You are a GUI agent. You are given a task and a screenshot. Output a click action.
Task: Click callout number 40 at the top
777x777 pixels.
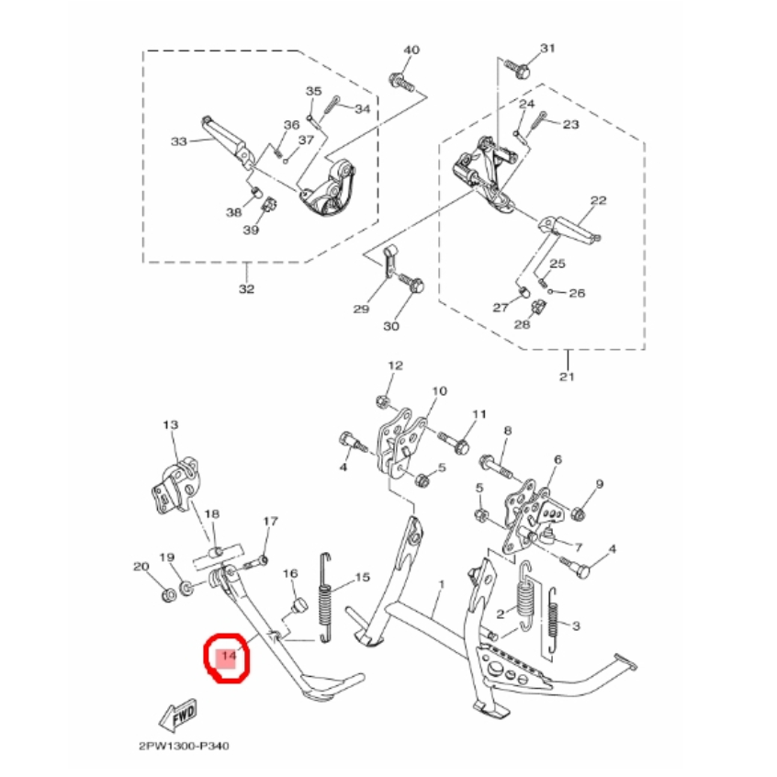[x=411, y=50]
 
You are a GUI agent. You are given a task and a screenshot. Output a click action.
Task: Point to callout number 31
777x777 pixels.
[x=548, y=48]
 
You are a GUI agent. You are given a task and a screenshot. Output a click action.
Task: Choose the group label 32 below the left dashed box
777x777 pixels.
[x=245, y=291]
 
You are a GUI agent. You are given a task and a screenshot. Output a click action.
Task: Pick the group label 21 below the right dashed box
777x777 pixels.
[x=567, y=377]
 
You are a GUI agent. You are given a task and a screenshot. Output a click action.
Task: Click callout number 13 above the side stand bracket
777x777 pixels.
[x=170, y=425]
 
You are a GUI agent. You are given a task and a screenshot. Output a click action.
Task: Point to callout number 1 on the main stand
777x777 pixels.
[x=441, y=584]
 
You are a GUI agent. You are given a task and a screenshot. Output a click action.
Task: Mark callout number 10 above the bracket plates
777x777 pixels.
[x=439, y=391]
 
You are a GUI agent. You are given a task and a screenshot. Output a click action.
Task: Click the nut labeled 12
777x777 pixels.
[x=380, y=400]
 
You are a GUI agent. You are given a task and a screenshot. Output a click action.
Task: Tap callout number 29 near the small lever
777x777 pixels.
[x=361, y=309]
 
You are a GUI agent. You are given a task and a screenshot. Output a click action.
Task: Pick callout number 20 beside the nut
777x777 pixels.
[x=141, y=567]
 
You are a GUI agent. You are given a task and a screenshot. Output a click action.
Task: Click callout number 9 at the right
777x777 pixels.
[x=599, y=484]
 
